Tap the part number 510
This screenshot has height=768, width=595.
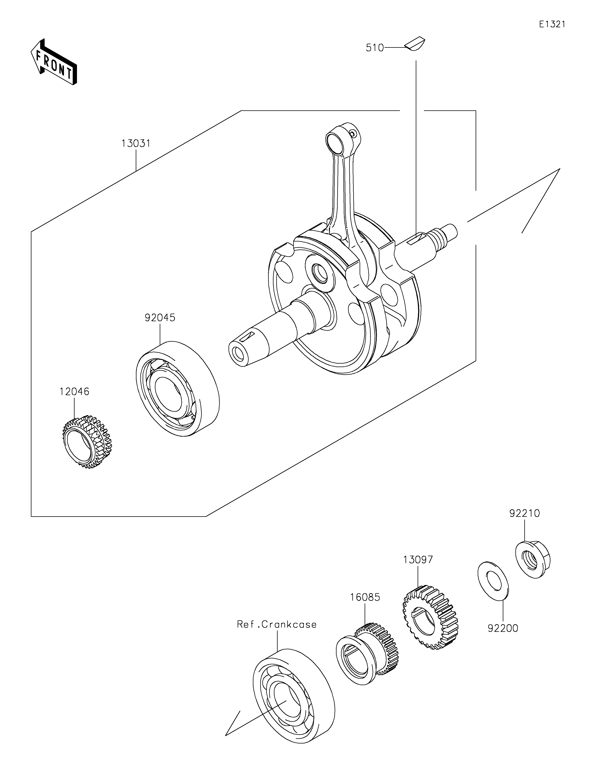click(x=375, y=48)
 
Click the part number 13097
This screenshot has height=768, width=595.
click(x=418, y=560)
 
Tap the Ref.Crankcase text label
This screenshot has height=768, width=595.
click(x=276, y=624)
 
